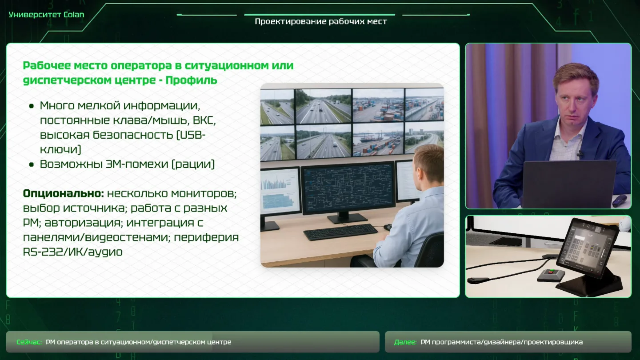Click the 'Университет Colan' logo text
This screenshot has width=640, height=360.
click(x=46, y=15)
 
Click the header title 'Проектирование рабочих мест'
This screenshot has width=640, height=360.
click(x=321, y=22)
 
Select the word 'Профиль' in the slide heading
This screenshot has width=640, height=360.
click(x=192, y=80)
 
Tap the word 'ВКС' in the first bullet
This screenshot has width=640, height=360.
click(x=204, y=120)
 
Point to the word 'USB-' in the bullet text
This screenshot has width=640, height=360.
click(x=191, y=135)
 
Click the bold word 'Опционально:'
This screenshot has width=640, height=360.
click(x=64, y=194)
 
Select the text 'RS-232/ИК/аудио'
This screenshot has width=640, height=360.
click(x=72, y=252)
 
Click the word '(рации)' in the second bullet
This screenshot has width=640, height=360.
click(x=193, y=164)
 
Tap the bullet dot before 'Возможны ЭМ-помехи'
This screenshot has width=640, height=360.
click(x=32, y=164)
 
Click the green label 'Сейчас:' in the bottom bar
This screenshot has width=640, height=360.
click(x=29, y=342)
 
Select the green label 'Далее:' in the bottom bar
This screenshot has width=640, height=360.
click(x=405, y=342)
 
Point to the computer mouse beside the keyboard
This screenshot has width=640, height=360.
click(x=388, y=227)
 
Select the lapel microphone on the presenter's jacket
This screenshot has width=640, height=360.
click(x=580, y=154)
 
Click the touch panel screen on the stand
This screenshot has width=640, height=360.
click(x=588, y=247)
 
